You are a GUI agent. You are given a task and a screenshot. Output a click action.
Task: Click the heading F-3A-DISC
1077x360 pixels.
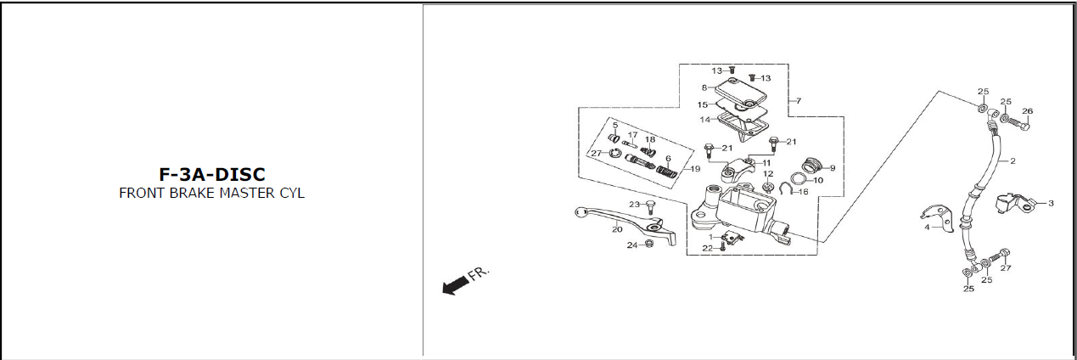[x=212, y=174]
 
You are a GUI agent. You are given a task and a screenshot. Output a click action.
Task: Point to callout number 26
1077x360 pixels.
[x=1027, y=111]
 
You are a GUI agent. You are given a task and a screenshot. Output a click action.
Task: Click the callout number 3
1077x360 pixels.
[x=1051, y=203]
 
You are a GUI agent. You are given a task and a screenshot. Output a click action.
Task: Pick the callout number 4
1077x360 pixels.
[x=927, y=227]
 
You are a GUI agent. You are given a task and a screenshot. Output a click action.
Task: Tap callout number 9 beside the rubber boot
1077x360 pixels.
[x=833, y=168]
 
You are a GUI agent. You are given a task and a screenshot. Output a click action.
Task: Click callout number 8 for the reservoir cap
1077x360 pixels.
[x=704, y=87]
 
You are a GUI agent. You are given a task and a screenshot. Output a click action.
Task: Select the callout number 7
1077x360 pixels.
[x=798, y=101]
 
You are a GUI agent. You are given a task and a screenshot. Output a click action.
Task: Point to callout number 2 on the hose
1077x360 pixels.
[x=1012, y=160]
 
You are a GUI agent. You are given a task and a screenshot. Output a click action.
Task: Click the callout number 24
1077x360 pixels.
[x=631, y=245]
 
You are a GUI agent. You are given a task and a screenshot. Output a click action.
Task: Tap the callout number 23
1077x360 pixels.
[x=634, y=205]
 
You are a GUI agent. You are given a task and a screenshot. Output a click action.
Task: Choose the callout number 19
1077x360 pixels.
[x=696, y=169]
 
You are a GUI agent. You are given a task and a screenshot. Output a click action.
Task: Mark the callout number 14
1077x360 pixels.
[x=704, y=120]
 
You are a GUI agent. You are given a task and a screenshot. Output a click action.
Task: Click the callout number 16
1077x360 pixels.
[x=805, y=191]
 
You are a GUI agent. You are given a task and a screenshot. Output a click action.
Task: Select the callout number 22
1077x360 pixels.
[x=707, y=248]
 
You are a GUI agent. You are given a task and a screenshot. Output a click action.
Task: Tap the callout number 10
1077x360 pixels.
[x=819, y=180]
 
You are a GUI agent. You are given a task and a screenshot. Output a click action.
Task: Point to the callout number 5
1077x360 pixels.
[x=615, y=126]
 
